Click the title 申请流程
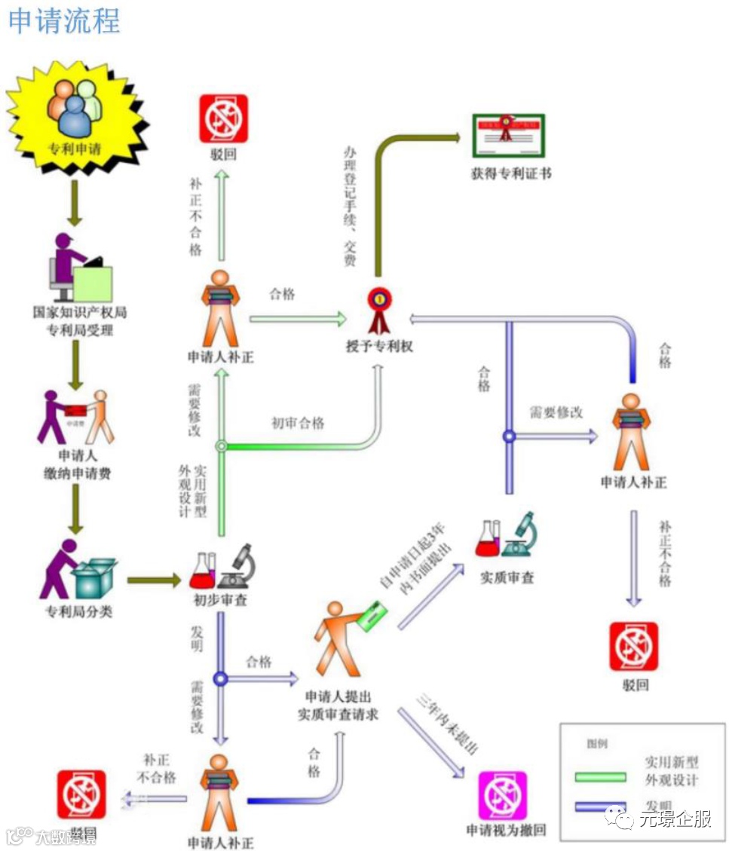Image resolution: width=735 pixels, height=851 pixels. point(64,20)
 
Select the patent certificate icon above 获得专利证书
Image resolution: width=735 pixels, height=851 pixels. point(508,136)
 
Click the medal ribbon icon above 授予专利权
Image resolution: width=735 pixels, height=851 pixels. point(377,309)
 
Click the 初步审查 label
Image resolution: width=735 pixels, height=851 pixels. point(221,600)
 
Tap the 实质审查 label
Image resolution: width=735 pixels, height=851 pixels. point(507,577)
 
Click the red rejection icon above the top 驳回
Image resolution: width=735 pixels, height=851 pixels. point(223,118)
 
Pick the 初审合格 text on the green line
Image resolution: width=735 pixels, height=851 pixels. point(298,423)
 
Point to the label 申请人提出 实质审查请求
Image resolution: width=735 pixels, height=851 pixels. point(338,705)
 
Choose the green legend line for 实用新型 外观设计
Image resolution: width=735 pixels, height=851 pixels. point(600,776)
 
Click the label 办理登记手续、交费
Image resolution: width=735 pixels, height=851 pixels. point(350,204)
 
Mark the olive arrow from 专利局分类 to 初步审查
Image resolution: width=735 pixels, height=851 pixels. point(155,580)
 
